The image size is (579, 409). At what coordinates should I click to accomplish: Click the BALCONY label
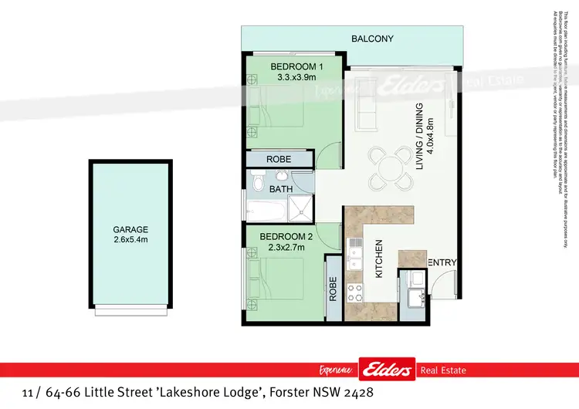372,39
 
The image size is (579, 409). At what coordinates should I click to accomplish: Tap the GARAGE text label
130,230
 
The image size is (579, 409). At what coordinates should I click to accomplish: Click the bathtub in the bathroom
265,208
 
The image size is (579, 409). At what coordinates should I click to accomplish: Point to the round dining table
389,167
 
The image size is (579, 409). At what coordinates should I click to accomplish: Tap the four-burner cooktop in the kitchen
357,292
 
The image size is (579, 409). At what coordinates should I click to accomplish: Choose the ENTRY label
442,263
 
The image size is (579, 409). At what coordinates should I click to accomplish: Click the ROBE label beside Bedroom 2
333,288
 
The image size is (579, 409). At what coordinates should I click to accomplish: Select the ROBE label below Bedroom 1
278,159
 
